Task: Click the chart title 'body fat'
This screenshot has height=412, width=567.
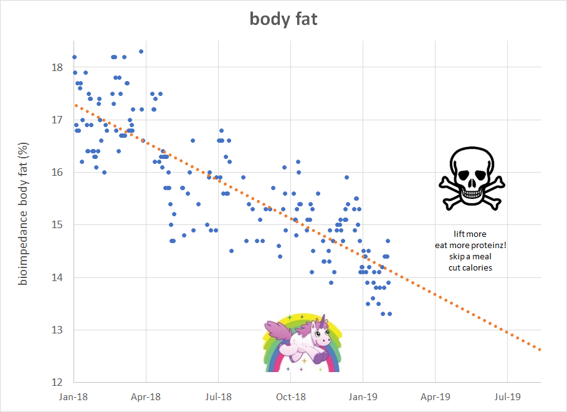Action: (283, 19)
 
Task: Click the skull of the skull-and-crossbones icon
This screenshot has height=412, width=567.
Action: (472, 168)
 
